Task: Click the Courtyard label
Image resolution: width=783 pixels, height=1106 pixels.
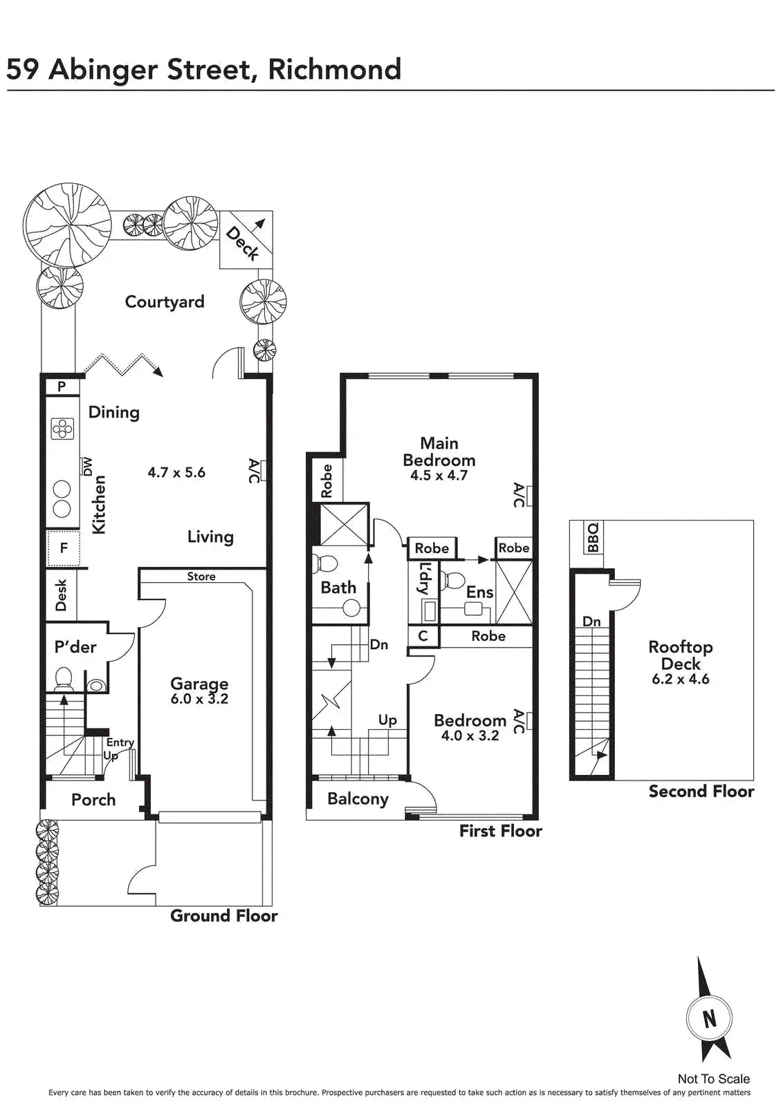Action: tap(165, 302)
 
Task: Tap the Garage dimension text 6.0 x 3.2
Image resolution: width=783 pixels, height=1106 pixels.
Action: tap(199, 699)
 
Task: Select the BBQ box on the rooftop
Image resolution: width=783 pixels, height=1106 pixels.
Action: tap(593, 537)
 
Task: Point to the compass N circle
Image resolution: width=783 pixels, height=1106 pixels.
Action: tap(709, 1018)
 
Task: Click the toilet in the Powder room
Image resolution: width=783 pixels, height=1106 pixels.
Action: tap(63, 677)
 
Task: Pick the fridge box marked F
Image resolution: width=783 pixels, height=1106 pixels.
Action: tap(64, 548)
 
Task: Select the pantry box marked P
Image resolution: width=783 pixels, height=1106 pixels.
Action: tap(62, 386)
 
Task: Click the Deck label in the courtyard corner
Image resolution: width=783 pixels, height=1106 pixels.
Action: tap(243, 243)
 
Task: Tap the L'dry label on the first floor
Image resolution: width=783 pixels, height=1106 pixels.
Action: tap(425, 579)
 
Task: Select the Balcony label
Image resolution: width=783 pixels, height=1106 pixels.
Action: tap(358, 799)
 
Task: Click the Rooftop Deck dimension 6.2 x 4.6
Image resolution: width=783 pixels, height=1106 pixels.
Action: tap(680, 679)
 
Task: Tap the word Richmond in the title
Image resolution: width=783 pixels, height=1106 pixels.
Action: tap(334, 70)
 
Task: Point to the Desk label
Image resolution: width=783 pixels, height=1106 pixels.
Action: tap(61, 594)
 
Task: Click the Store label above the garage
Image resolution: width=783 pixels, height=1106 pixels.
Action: tap(201, 577)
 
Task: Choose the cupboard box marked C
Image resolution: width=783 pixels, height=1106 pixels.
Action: tap(423, 636)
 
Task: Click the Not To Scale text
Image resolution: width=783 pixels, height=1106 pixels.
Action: tap(713, 1078)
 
